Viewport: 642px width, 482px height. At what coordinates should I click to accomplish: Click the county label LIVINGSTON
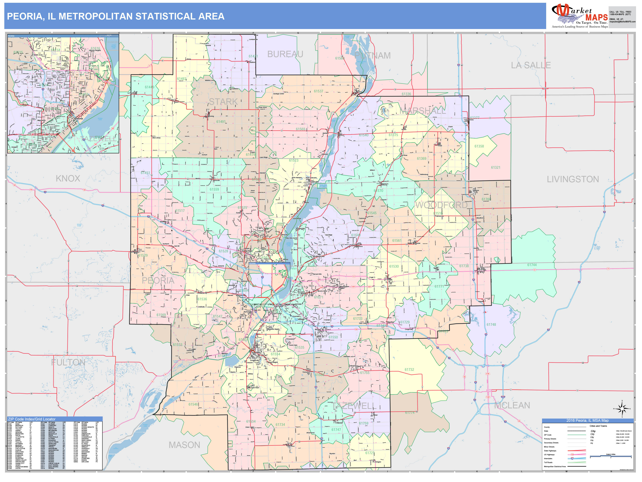tap(573, 179)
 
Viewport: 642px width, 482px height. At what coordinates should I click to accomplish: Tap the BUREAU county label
tap(285, 54)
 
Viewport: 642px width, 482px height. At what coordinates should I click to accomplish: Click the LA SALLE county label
tap(531, 65)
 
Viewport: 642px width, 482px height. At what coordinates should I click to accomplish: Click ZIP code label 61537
tap(318, 91)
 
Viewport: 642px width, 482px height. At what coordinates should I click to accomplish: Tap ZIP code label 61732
tap(409, 369)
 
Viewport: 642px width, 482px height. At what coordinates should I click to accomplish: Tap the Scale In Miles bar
tap(611, 457)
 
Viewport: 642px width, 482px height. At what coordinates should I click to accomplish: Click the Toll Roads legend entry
tap(548, 462)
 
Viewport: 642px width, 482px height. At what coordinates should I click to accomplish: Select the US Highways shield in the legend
tap(572, 454)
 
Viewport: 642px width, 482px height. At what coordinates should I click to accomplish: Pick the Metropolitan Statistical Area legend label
tap(555, 467)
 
